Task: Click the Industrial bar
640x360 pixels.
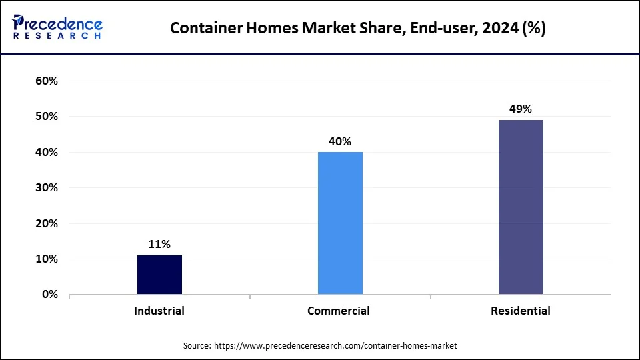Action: coord(159,275)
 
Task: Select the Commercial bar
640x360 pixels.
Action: coord(340,223)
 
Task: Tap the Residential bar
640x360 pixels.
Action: coord(521,207)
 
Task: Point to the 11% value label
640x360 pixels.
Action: coord(159,245)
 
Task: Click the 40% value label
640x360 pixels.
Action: coord(340,141)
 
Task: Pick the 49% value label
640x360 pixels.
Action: coord(521,109)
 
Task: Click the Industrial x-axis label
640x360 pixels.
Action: coord(159,311)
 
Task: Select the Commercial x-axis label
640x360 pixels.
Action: coord(339,311)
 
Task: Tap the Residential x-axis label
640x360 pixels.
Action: coord(521,311)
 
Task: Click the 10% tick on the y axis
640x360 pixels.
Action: coord(47,259)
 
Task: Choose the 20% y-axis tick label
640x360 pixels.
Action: coord(47,223)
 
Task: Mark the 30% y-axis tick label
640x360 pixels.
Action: coord(47,188)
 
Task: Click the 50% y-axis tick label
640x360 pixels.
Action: coord(47,117)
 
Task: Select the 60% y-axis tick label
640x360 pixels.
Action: coord(47,81)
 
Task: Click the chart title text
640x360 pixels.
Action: coord(358,29)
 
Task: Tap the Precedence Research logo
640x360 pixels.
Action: coord(57,27)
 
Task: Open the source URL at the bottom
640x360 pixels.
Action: coord(335,345)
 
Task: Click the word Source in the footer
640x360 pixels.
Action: coord(197,345)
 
